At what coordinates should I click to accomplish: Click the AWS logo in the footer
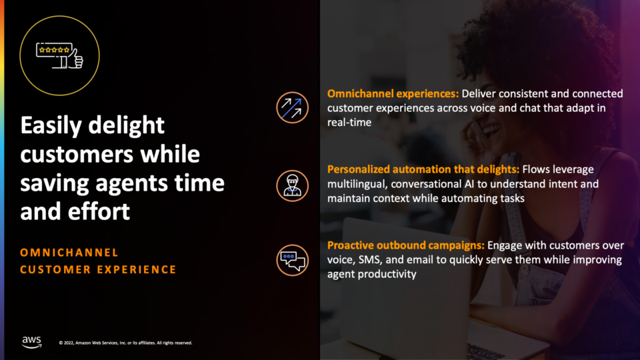31,342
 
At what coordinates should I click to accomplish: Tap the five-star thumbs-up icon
59,55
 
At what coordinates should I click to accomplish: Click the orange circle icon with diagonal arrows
292,108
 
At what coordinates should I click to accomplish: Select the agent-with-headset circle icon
292,186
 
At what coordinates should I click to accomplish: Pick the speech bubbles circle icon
292,261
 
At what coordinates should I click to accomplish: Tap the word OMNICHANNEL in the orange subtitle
69,253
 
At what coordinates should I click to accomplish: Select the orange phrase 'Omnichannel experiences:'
393,94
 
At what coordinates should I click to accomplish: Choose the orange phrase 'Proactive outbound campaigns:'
406,245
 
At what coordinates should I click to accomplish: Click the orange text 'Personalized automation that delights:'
423,169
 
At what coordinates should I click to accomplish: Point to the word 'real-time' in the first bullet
349,123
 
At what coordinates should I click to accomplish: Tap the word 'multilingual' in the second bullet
357,184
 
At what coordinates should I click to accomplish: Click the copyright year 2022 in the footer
69,343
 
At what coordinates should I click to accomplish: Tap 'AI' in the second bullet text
469,184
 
